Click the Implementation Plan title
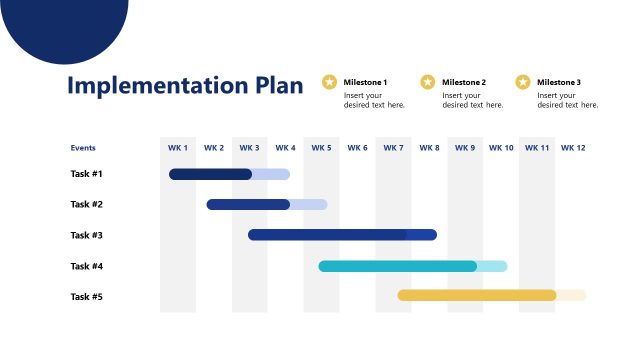click(184, 85)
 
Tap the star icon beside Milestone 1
click(330, 82)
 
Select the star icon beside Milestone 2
click(428, 82)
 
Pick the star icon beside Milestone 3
click(523, 82)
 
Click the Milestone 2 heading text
click(464, 82)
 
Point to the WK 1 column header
click(178, 148)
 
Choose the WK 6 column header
click(357, 148)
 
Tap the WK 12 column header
click(573, 148)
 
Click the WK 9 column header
click(465, 148)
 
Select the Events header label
click(83, 148)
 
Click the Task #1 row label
click(87, 174)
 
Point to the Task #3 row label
click(87, 235)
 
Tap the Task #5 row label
click(87, 296)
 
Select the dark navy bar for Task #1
click(210, 174)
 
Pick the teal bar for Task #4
click(398, 266)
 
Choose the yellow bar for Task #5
click(476, 295)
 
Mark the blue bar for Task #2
click(248, 204)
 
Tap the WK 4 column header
click(285, 148)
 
